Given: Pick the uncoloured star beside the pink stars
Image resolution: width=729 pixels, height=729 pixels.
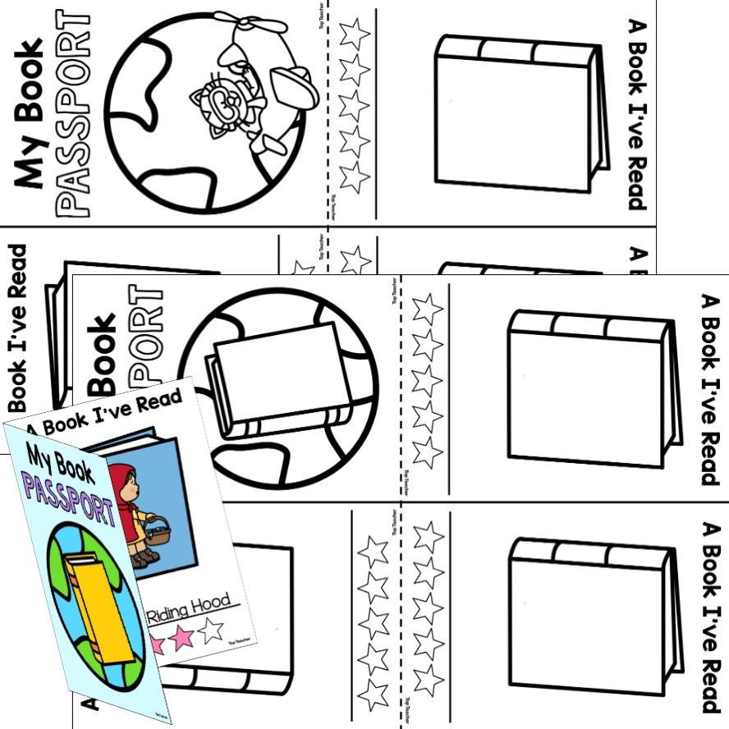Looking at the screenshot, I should [x=209, y=629].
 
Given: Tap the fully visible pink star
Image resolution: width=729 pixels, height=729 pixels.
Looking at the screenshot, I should [x=181, y=637].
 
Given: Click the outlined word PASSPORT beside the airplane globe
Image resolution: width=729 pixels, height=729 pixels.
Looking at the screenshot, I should [x=77, y=115].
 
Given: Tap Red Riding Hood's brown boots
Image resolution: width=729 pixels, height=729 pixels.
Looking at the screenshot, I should [x=148, y=557].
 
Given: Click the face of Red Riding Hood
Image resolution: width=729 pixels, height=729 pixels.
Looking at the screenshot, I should [x=131, y=488].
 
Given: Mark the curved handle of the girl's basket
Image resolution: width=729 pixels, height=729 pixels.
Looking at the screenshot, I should [x=155, y=518].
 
